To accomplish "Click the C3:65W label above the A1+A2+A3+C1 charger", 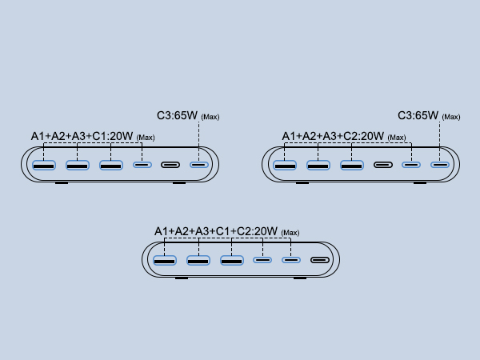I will [178, 116].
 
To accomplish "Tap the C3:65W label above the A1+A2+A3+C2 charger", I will [418, 116].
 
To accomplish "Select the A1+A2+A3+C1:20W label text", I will [82, 137].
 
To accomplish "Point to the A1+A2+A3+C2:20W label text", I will [334, 137].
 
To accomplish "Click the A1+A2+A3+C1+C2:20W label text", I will [216, 232].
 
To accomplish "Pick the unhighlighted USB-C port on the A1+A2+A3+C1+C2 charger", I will [320, 261].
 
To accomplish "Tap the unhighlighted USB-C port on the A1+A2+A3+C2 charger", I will [383, 166].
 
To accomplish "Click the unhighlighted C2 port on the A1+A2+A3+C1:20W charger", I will [170, 166].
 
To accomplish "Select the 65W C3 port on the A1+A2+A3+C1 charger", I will [198, 166].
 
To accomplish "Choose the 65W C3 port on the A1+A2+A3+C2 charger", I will [439, 166].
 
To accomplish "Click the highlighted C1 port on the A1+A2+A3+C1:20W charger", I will [142, 166].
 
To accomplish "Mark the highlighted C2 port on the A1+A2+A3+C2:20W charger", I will [411, 166].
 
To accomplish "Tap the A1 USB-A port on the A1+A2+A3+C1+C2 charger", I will [165, 261].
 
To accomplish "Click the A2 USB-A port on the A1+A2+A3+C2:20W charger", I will [318, 166].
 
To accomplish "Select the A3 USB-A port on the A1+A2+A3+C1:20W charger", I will [111, 166].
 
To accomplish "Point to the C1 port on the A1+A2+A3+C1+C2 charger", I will [262, 261].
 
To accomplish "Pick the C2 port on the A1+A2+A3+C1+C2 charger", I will [291, 261].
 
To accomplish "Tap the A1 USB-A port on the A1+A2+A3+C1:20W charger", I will [43, 166].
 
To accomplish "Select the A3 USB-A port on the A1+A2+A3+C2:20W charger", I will [352, 166].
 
